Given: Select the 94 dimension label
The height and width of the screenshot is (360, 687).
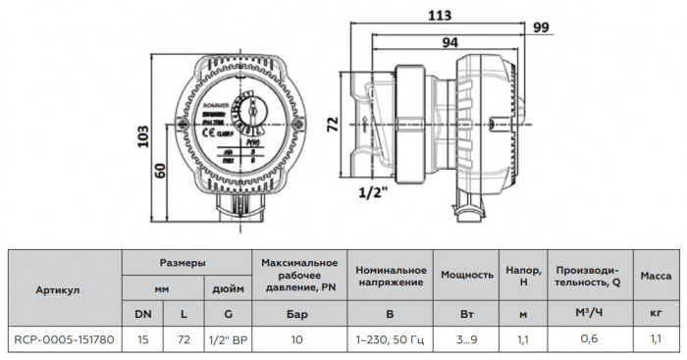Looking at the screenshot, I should tap(450, 43).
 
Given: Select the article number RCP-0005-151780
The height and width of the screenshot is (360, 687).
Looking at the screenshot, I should tap(64, 340).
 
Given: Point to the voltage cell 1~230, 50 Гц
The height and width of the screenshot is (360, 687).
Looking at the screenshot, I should tap(390, 340).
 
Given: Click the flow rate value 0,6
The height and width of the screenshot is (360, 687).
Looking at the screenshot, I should tap(588, 340).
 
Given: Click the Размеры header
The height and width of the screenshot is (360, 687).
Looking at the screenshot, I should tap(183, 264).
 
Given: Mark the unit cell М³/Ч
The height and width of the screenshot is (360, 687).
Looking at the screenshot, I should tap(588, 313).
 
